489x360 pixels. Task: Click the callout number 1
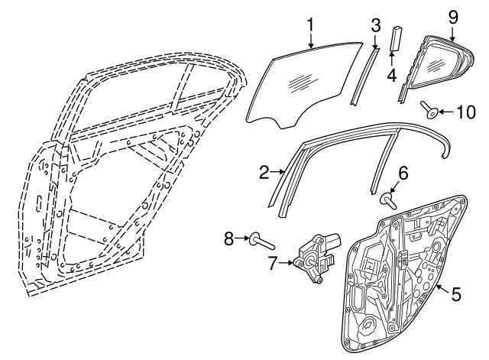tap(311, 24)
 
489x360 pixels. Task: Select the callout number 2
tap(264, 173)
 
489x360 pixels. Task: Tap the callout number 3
tap(375, 24)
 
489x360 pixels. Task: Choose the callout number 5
tap(456, 293)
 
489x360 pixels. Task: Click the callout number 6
tap(403, 174)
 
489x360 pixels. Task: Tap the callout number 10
tap(465, 112)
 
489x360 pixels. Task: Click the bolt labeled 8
tap(261, 242)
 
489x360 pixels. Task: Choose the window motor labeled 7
tap(316, 254)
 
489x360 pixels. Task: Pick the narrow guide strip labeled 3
tap(364, 76)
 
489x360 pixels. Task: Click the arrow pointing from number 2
tap(279, 173)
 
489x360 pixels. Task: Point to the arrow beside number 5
tap(442, 287)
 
